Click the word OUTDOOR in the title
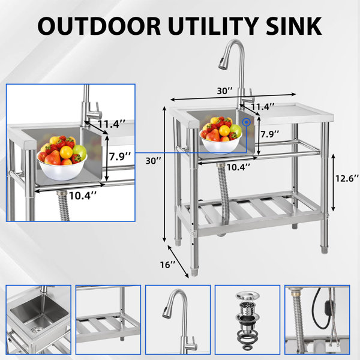pyautogui.click(x=99, y=26)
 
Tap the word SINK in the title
pyautogui.click(x=293, y=26)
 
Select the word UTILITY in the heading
pyautogui.click(x=214, y=26)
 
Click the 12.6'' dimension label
pyautogui.click(x=347, y=178)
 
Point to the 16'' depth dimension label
pyautogui.click(x=167, y=265)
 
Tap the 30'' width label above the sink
pyautogui.click(x=225, y=91)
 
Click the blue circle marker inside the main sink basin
pyautogui.click(x=247, y=122)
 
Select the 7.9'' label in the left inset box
pyautogui.click(x=120, y=157)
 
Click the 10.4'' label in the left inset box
pyautogui.click(x=82, y=196)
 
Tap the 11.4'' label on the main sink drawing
pyautogui.click(x=262, y=107)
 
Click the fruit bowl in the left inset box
pyautogui.click(x=62, y=158)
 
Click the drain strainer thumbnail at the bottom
pyautogui.click(x=247, y=320)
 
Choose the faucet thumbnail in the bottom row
pyautogui.click(x=178, y=320)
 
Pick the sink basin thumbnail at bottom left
pyautogui.click(x=38, y=320)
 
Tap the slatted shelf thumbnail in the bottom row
pyautogui.click(x=108, y=320)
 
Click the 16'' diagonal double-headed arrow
pyautogui.click(x=178, y=262)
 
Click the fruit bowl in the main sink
pyautogui.click(x=221, y=136)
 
